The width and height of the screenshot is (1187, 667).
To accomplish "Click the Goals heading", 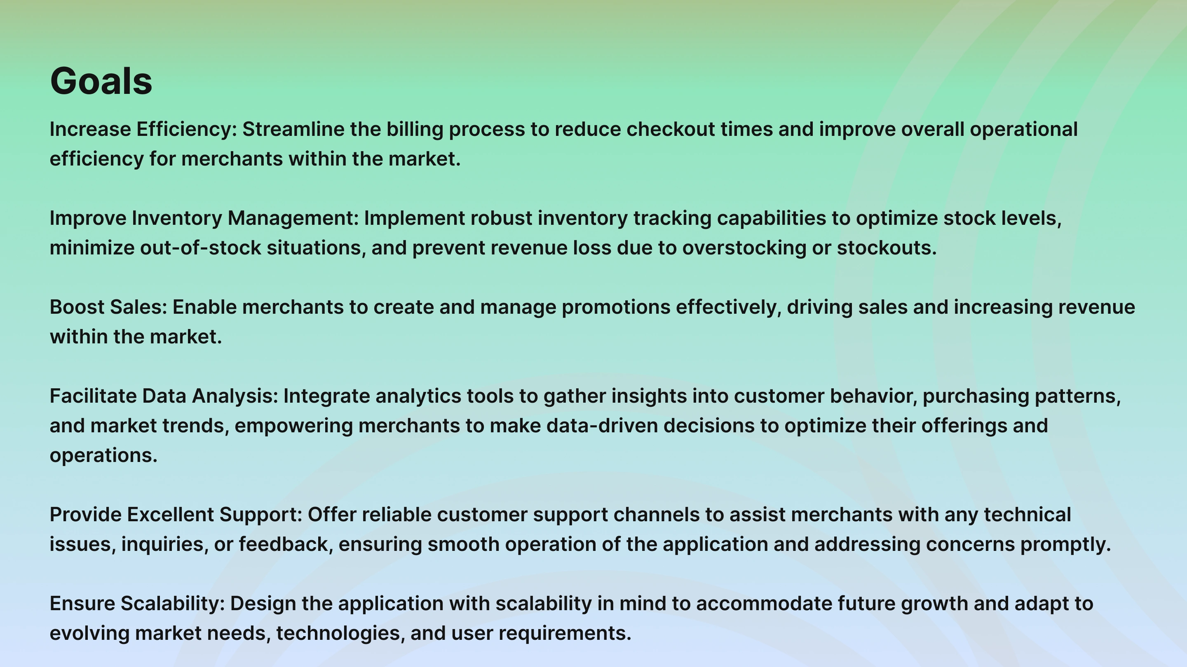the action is [x=101, y=81].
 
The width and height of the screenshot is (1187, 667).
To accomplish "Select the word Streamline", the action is [x=293, y=129].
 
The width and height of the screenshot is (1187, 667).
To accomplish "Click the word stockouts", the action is [x=887, y=247].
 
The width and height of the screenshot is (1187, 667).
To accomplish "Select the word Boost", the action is [x=77, y=307].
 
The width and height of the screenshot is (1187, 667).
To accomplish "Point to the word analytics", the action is [x=418, y=397].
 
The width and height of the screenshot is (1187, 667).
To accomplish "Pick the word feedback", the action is [x=286, y=544].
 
